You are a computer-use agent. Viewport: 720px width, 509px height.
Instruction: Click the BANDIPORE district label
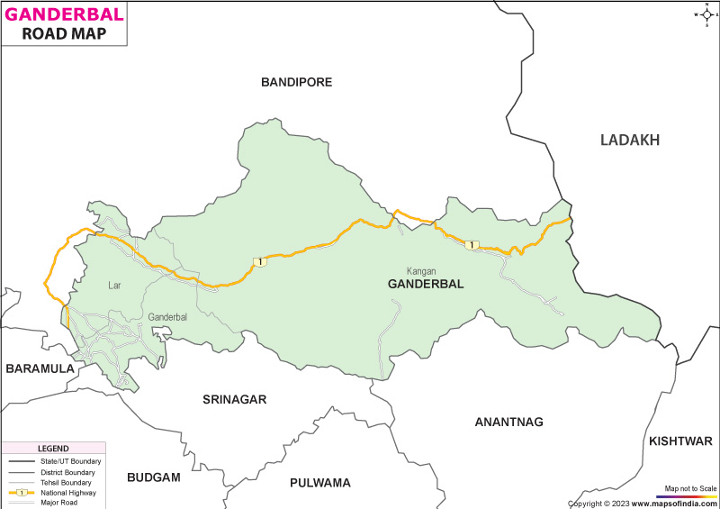tap(296, 82)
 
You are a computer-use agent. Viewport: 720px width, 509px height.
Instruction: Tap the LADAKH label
tap(630, 140)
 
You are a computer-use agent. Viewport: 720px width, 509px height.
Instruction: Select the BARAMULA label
tap(39, 368)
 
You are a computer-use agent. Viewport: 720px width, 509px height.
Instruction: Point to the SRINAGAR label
tap(234, 399)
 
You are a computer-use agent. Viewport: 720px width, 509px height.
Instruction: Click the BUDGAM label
tap(154, 477)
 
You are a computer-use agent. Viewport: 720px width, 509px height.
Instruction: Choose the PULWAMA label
tap(319, 483)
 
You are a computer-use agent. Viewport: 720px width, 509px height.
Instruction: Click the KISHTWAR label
tap(679, 441)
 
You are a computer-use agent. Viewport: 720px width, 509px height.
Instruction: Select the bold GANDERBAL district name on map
tap(426, 284)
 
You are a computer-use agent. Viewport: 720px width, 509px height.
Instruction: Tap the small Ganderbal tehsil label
tap(167, 317)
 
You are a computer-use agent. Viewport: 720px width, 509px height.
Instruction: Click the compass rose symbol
tap(703, 14)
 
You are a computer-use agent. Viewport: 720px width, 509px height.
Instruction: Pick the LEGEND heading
tap(53, 449)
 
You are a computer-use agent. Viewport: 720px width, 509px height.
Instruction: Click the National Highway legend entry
tap(70, 492)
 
